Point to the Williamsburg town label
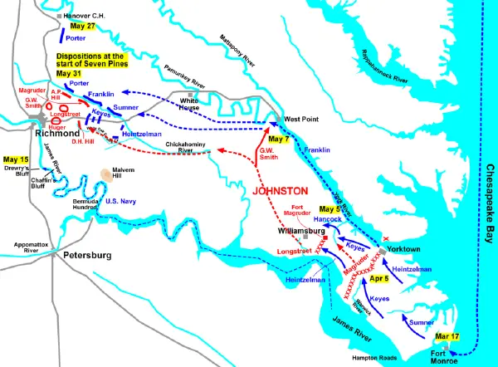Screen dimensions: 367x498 tap(298, 232)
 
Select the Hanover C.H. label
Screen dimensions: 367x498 tap(84, 16)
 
